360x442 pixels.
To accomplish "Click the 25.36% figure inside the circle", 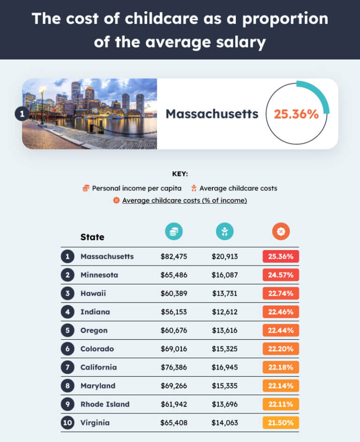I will pyautogui.click(x=296, y=114).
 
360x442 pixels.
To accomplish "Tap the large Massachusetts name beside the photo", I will pyautogui.click(x=212, y=114).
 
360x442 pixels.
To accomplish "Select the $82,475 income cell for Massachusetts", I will pyautogui.click(x=174, y=257).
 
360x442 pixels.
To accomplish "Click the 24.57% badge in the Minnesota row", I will pyautogui.click(x=281, y=275).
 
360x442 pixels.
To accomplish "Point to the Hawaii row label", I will pyautogui.click(x=93, y=293).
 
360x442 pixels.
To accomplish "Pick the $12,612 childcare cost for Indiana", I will pyautogui.click(x=225, y=312).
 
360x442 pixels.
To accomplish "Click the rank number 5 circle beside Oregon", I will pyautogui.click(x=68, y=330).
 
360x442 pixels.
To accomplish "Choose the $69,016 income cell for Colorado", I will pyautogui.click(x=174, y=349).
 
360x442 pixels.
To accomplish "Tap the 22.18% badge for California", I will pyautogui.click(x=281, y=367).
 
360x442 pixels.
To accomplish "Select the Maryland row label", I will pyautogui.click(x=98, y=386).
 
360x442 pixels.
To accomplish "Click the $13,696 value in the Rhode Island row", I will pyautogui.click(x=225, y=404).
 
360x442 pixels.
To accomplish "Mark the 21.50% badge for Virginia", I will pyautogui.click(x=281, y=423).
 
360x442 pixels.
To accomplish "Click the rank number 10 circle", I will pyautogui.click(x=68, y=423).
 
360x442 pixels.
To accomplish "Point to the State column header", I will pyautogui.click(x=92, y=237).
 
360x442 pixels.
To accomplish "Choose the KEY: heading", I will pyautogui.click(x=180, y=174).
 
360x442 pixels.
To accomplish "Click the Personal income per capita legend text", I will pyautogui.click(x=136, y=188).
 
